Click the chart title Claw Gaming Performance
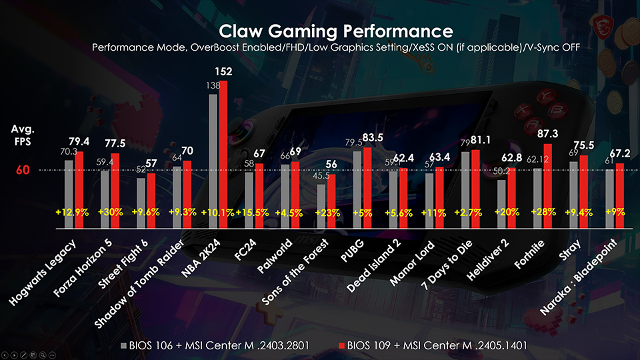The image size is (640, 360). click(336, 31)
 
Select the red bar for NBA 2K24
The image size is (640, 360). click(223, 153)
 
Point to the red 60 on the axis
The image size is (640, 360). click(23, 171)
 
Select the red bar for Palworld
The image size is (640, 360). click(295, 193)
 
